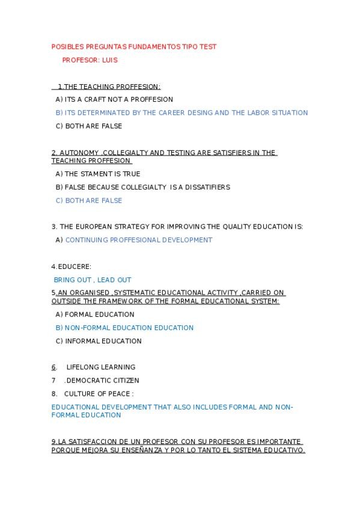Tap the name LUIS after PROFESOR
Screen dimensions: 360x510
pyautogui.click(x=110, y=60)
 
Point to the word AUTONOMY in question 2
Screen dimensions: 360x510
pyautogui.click(x=79, y=153)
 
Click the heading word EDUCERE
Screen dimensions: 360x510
pyautogui.click(x=75, y=266)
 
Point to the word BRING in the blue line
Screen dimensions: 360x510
pyautogui.click(x=64, y=280)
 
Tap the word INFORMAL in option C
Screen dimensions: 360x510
pyautogui.click(x=83, y=342)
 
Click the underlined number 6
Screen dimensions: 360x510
pyautogui.click(x=53, y=367)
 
